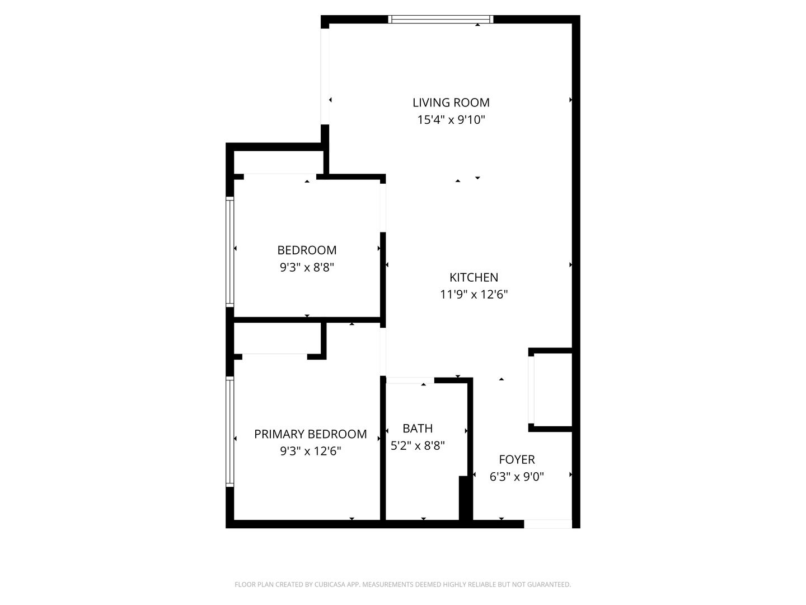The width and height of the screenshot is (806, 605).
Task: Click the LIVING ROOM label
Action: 451,103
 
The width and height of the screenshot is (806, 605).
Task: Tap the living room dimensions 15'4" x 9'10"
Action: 451,119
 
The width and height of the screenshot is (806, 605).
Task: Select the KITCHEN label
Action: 474,277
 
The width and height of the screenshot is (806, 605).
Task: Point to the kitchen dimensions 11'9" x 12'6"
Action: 474,294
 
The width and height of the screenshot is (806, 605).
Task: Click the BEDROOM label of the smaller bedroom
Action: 307,250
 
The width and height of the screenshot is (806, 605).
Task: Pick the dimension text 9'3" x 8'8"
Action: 307,267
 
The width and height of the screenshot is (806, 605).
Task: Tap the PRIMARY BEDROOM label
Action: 310,434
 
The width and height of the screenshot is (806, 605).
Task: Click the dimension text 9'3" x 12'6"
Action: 310,451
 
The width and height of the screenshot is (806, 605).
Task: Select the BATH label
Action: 418,429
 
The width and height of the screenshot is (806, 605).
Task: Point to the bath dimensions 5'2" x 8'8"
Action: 418,445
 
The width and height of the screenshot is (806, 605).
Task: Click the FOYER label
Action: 517,460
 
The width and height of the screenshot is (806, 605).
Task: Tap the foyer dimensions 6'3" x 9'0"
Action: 517,477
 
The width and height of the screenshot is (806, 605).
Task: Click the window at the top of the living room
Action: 441,20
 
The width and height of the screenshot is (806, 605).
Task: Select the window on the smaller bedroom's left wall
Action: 229,252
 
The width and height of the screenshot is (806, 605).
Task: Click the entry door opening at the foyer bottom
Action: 547,524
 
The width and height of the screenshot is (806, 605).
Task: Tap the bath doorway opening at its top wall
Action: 410,380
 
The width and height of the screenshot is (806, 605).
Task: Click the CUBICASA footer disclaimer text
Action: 402,585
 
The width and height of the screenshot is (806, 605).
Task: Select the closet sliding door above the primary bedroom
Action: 274,355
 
